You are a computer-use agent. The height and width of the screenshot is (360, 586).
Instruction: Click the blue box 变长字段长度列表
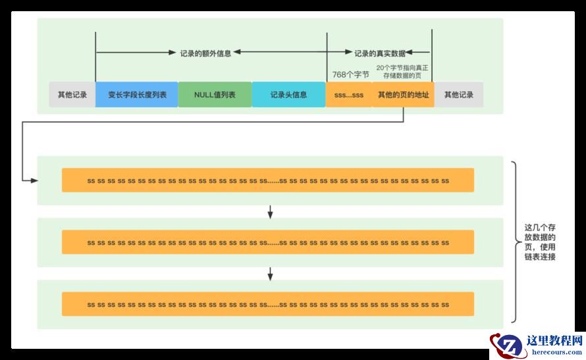[137, 95]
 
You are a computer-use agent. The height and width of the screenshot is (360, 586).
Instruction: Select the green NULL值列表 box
[215, 95]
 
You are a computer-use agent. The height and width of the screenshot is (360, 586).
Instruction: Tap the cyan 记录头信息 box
[288, 95]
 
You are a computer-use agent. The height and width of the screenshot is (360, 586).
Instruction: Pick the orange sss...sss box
[348, 95]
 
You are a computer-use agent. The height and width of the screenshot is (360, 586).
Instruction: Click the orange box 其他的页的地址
[403, 95]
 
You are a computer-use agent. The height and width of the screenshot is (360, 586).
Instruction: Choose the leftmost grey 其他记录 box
[72, 95]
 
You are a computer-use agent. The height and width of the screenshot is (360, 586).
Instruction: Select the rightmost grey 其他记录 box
[458, 95]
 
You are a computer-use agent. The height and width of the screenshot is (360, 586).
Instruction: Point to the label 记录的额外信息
[205, 53]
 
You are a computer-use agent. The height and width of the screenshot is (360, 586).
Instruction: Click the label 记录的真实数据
[380, 53]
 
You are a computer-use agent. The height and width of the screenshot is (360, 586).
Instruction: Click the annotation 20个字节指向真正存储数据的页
[403, 72]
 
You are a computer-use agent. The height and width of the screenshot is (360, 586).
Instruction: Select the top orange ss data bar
[267, 180]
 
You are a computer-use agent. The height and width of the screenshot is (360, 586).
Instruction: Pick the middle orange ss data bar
[267, 242]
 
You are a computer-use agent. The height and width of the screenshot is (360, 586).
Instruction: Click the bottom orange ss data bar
[267, 304]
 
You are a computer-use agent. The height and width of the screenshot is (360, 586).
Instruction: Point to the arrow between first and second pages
[270, 211]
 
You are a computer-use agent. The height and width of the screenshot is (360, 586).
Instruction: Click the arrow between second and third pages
[270, 273]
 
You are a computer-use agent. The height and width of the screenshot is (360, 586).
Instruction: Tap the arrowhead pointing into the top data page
[34, 179]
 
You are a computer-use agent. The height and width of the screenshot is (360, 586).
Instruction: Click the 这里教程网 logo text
[554, 341]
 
